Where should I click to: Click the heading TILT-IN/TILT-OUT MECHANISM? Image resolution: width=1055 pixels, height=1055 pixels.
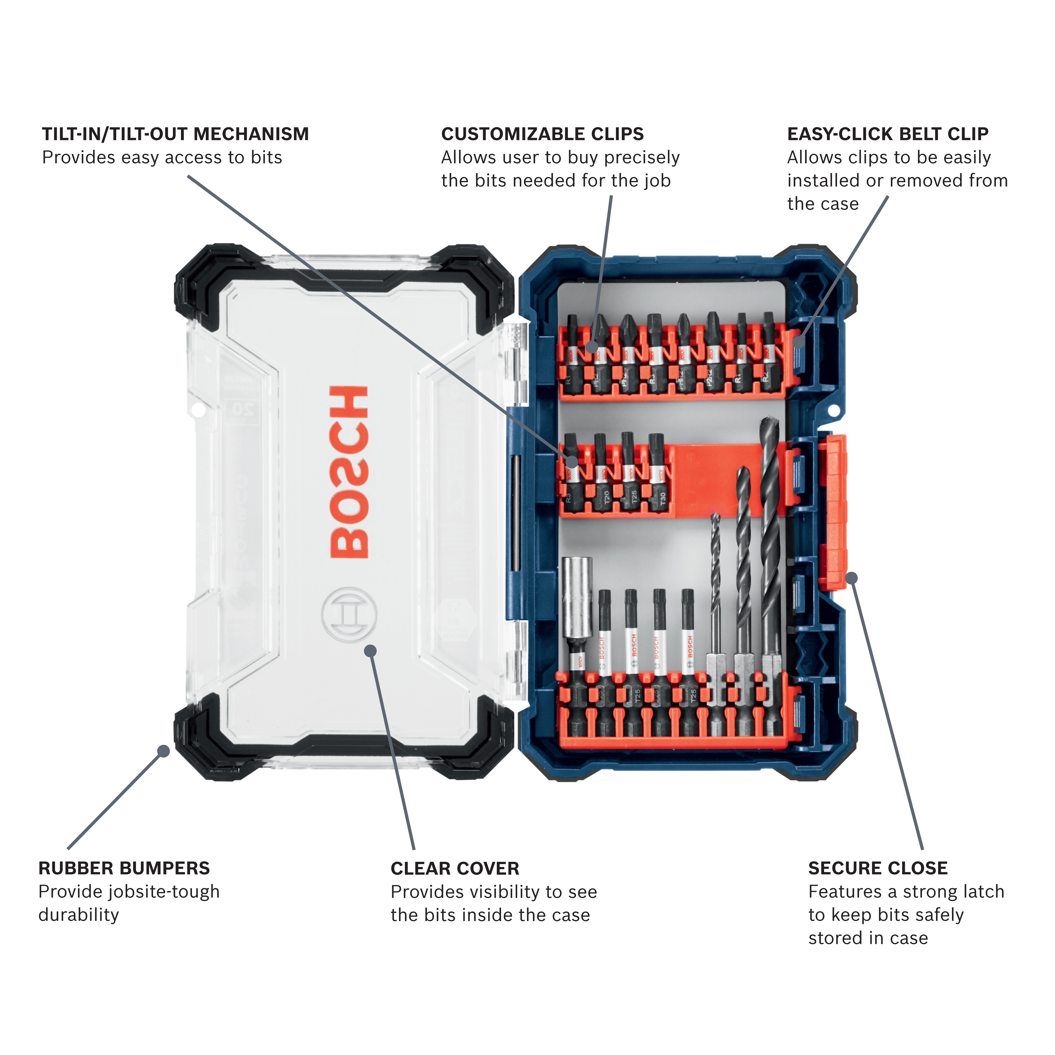[x=175, y=134]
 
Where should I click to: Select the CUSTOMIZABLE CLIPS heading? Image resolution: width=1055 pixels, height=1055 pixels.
[x=542, y=134]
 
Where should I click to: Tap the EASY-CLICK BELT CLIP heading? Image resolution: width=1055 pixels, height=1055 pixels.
[x=887, y=134]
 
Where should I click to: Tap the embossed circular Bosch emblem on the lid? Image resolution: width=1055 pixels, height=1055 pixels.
[x=349, y=614]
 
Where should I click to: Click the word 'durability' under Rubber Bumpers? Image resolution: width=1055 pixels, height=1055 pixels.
[x=79, y=915]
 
